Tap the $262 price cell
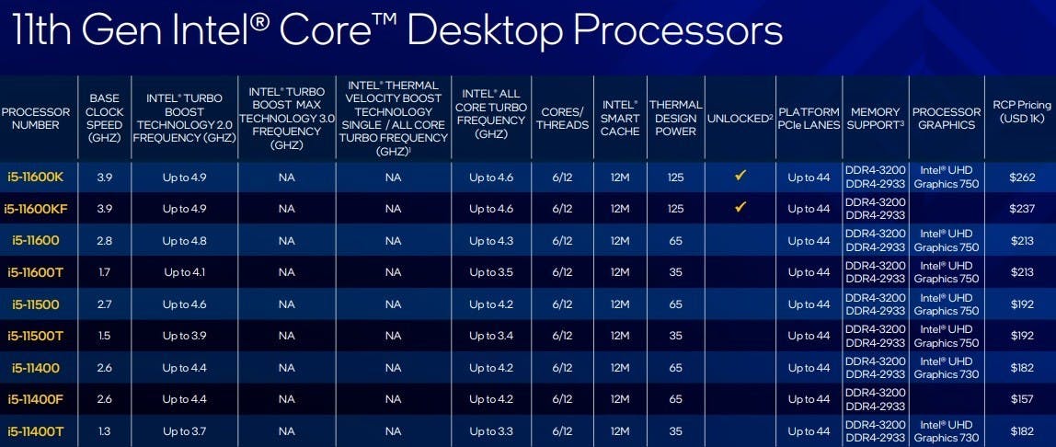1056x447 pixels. tap(1022, 177)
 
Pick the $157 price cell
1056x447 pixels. tap(1022, 399)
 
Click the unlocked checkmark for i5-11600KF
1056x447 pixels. tap(740, 208)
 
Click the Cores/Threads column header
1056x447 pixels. tap(562, 119)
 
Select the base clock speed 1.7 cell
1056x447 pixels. tap(104, 272)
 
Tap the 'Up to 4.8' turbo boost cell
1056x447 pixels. tap(185, 241)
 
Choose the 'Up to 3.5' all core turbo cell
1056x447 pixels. tap(491, 272)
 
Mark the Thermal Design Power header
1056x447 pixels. tap(675, 119)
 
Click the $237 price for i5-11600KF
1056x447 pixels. tap(1022, 209)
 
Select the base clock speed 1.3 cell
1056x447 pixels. tap(104, 430)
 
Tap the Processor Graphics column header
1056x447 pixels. tap(947, 119)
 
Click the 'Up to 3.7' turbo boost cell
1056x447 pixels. tap(185, 430)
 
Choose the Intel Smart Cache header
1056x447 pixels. tap(620, 119)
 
